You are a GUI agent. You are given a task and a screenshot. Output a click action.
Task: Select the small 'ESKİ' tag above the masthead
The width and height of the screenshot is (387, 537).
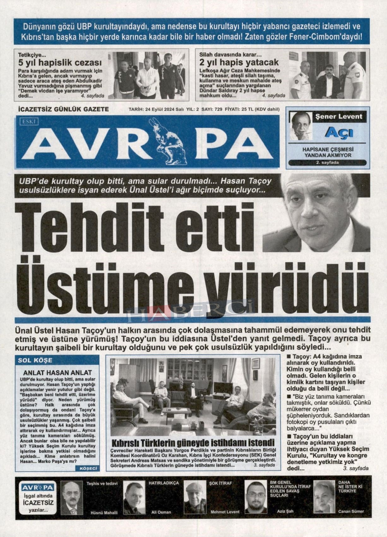pos(29,121)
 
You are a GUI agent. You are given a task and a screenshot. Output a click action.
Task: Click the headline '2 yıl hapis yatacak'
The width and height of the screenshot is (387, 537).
pos(239,62)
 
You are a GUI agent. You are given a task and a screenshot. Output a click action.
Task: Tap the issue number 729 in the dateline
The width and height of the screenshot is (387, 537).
pos(218,109)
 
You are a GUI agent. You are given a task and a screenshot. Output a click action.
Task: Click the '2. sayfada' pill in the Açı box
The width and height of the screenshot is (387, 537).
pos(327,162)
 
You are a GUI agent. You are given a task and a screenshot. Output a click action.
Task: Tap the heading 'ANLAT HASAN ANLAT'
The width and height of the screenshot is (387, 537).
pos(57,373)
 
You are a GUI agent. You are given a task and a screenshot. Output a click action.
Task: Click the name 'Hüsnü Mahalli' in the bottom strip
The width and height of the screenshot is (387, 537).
pos(104,512)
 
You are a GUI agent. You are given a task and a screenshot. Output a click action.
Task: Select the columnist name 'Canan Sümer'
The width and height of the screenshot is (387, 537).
pos(351,511)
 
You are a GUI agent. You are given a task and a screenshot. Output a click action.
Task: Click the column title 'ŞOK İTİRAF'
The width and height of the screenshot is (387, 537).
pos(219,483)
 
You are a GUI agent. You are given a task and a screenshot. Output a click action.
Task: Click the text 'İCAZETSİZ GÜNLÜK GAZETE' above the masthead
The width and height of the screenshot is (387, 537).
pos(63,109)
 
